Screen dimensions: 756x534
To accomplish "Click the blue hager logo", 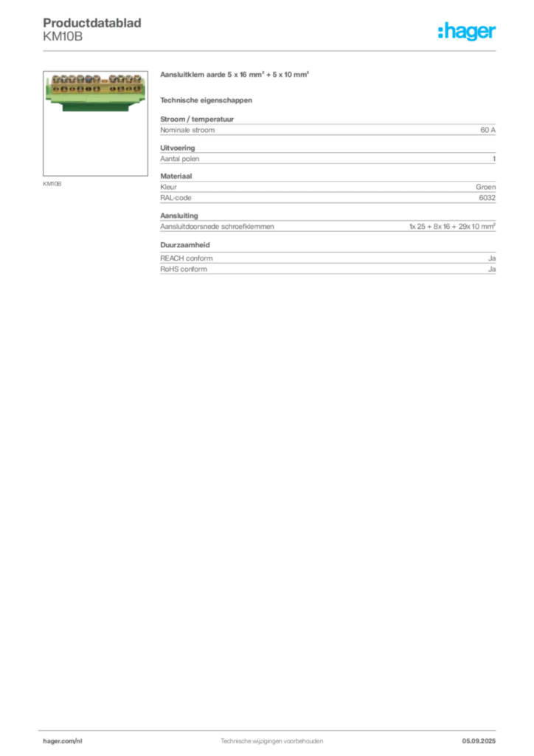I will click(468, 32).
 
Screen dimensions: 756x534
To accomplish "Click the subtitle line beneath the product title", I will click(207, 100).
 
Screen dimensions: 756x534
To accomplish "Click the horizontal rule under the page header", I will click(271, 50).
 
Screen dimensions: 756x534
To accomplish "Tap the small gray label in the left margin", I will click(53, 184).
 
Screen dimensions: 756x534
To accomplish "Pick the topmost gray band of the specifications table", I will click(327, 129).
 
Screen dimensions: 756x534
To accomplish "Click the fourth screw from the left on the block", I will click(80, 79).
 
